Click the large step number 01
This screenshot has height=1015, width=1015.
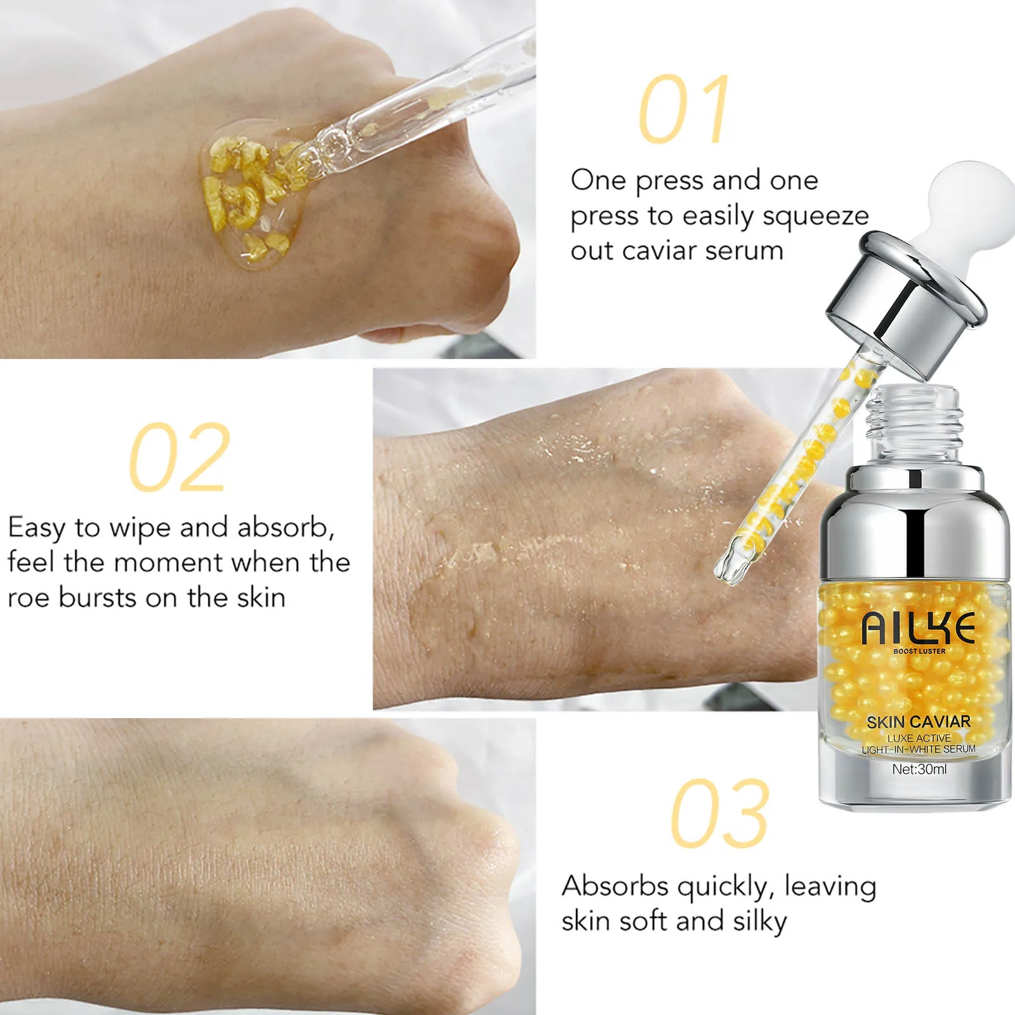tap(684, 109)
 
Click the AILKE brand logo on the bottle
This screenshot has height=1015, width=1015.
tap(918, 629)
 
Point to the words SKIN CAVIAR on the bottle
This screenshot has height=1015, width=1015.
tap(918, 722)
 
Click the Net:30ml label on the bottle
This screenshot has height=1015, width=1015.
tap(919, 769)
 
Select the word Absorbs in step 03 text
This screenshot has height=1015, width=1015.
tap(615, 886)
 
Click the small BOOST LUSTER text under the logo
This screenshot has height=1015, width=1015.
tap(919, 652)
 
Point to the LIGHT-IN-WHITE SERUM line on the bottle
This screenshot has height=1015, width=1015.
tap(918, 749)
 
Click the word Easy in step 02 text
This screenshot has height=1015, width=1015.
tap(37, 528)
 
